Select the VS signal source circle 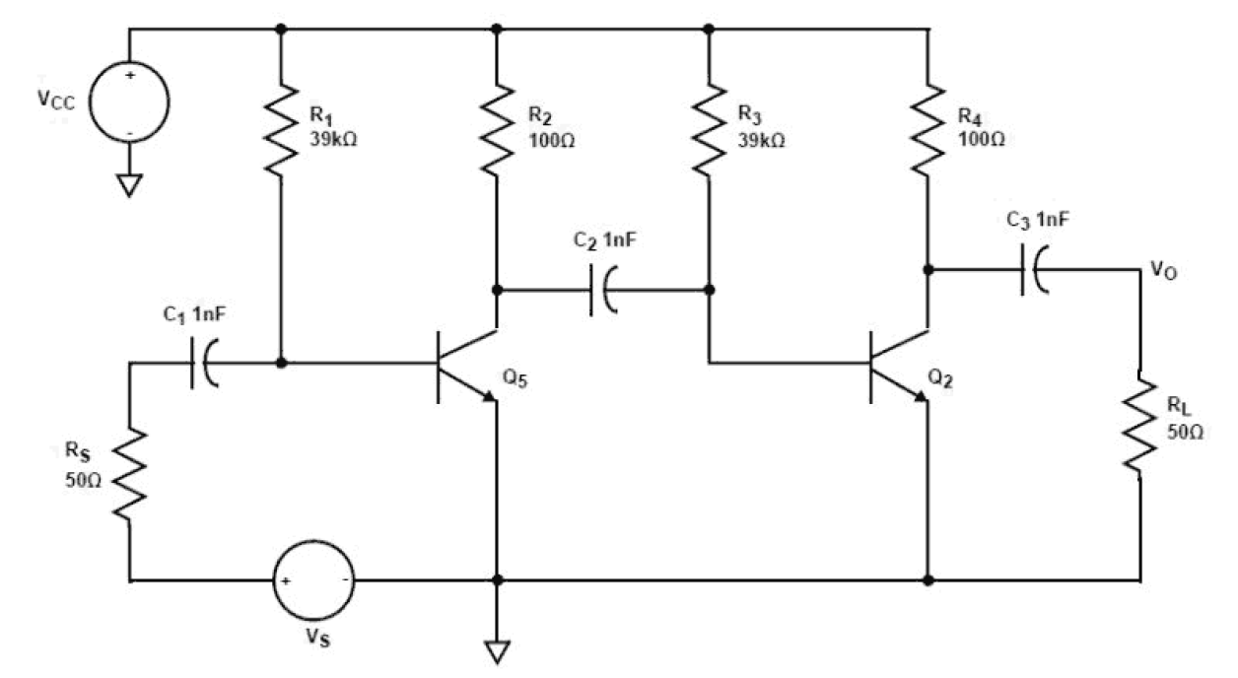312,580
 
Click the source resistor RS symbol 128,472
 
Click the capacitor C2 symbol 602,290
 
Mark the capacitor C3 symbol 1034,269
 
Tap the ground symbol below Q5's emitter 496,649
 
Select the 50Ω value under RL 1183,435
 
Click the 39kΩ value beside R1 336,140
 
